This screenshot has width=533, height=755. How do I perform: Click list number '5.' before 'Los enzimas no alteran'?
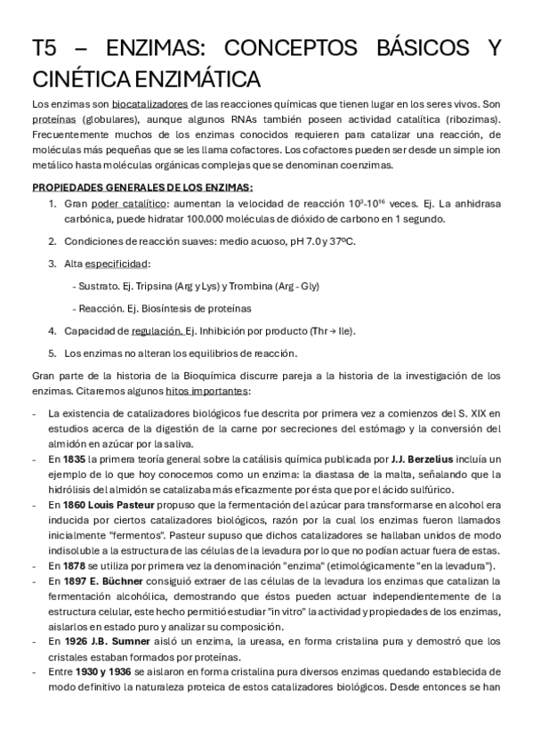[x=52, y=353]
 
